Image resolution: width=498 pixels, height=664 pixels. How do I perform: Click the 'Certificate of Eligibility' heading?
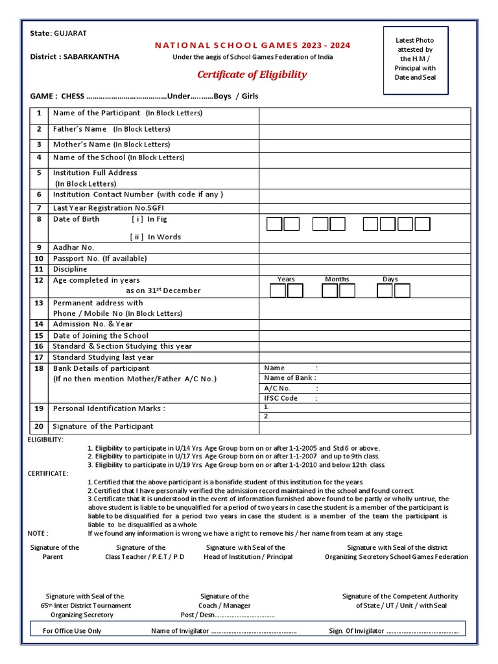[252, 75]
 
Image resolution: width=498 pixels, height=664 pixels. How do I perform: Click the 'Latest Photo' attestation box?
[415, 59]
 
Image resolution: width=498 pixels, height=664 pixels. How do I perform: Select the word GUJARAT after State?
[69, 33]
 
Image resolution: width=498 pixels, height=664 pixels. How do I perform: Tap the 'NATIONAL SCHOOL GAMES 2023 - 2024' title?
[252, 45]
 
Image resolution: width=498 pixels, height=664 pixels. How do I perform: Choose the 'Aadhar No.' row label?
[74, 247]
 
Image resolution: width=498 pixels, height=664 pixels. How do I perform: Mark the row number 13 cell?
[39, 303]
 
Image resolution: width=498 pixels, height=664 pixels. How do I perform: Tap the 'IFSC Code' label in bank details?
[281, 398]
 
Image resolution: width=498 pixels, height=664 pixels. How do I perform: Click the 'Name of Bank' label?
[289, 377]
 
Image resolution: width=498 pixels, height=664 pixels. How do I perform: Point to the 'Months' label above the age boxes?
[337, 279]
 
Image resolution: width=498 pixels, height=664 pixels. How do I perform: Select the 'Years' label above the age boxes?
[286, 279]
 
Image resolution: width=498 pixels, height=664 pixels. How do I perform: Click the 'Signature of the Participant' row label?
[103, 426]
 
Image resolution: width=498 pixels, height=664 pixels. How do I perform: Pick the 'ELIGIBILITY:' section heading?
[45, 440]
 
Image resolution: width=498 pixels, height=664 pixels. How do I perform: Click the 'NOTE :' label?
[38, 533]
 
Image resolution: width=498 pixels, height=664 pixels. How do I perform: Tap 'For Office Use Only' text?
[72, 630]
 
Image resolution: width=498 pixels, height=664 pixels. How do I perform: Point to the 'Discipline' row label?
[70, 268]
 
